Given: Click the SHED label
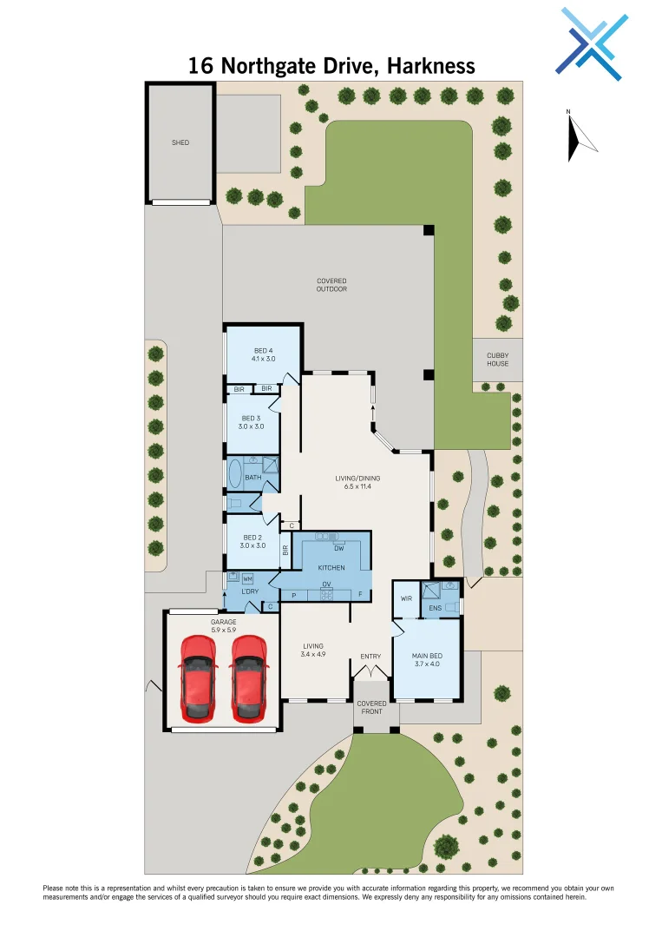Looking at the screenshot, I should coord(180,142).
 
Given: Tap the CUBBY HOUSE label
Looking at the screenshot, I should coord(497,360).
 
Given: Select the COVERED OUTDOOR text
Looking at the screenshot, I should coord(331,285).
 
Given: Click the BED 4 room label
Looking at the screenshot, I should coord(264,353).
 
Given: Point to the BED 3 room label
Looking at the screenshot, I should coord(252,421).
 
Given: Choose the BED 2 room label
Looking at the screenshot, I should coord(252,541).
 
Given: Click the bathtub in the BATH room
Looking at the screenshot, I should coord(235,476).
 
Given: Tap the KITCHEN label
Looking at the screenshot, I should coord(331,567).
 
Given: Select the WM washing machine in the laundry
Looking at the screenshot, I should coord(247,578).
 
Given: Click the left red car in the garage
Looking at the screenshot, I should coord(197,677).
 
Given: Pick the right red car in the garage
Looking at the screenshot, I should coord(248,677).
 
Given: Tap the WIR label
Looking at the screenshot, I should coord(405,598).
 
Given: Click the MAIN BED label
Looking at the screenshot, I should coord(427,659).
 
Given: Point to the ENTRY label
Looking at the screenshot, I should coord(370,656).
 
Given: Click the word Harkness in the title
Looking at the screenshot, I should coord(428,66).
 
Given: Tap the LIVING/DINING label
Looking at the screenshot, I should coord(357,482).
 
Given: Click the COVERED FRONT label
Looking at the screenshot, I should coord(372,708).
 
